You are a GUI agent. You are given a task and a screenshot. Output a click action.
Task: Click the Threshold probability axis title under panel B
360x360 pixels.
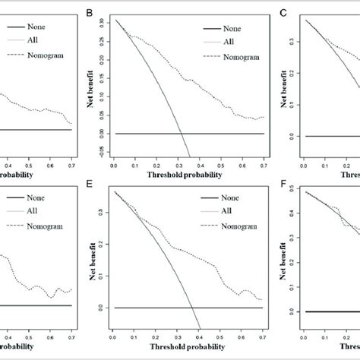coord(188,174)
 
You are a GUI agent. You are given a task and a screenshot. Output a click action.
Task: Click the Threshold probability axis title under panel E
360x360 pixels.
coord(188,348)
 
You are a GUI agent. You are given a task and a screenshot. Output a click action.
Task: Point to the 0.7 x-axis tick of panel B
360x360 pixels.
coord(262,163)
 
